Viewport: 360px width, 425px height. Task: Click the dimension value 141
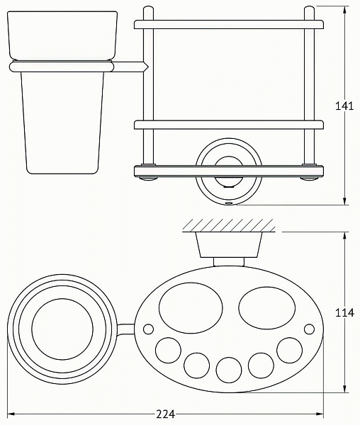344,106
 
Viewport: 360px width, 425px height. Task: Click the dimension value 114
344,312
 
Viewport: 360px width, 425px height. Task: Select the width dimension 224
165,414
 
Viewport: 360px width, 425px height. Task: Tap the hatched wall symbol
228,225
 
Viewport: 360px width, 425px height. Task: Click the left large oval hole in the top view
191,308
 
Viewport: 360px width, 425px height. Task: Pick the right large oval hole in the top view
266,307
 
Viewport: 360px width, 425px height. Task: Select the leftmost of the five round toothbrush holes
168,350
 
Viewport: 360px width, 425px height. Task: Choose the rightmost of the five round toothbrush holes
290,350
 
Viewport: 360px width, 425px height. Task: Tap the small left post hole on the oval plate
148,329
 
